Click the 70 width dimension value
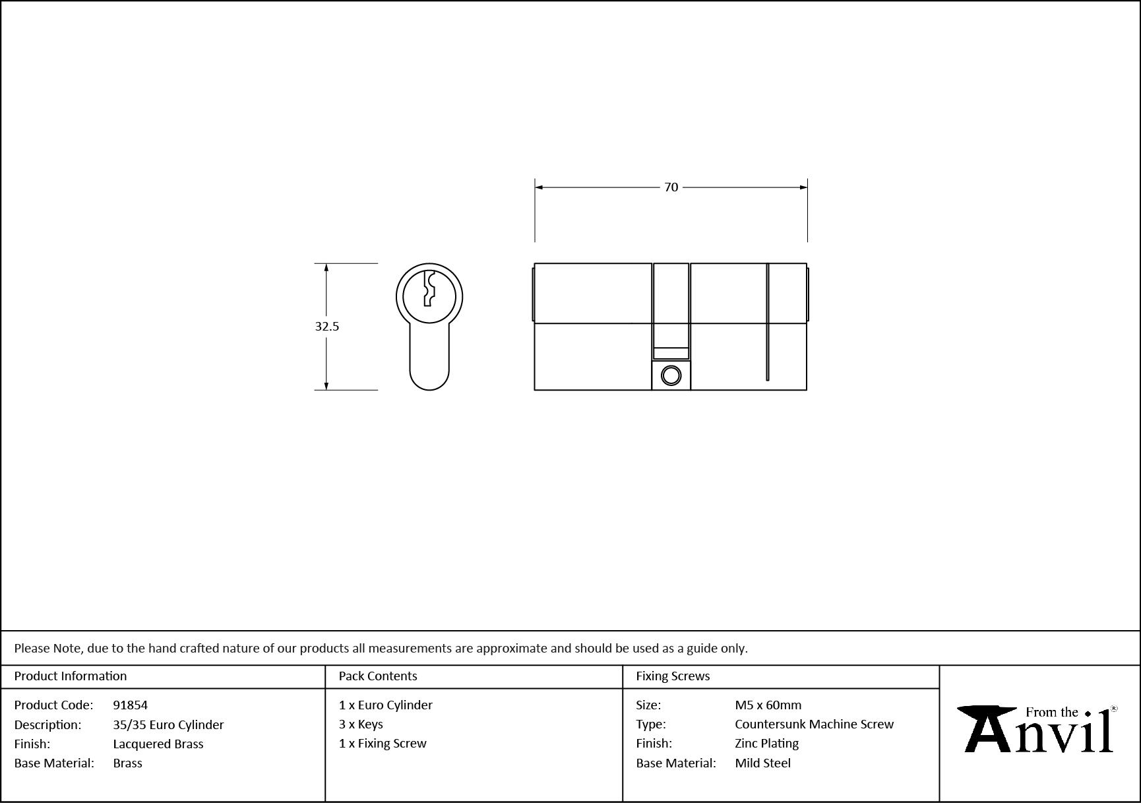(x=671, y=187)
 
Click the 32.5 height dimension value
(x=327, y=326)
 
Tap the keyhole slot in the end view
(x=429, y=289)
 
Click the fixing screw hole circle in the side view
(x=671, y=375)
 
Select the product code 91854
(x=131, y=705)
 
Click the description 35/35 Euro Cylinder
(x=168, y=724)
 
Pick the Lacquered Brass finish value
(x=158, y=744)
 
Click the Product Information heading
(x=71, y=676)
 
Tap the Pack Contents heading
(x=378, y=676)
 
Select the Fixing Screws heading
(x=673, y=676)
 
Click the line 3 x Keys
(x=361, y=724)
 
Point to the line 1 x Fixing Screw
(x=383, y=743)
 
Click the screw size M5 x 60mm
(x=768, y=705)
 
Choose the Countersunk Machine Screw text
(x=815, y=724)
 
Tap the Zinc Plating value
(x=767, y=743)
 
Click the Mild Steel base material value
(x=763, y=763)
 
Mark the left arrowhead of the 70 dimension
(x=538, y=187)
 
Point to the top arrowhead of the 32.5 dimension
(x=326, y=267)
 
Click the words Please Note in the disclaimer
(x=48, y=648)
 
